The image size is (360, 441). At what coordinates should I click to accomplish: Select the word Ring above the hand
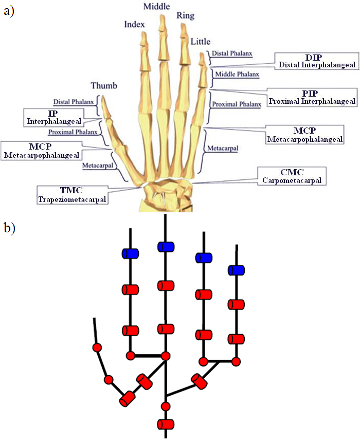coord(186,16)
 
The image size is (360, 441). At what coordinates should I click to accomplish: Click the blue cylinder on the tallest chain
coord(166,247)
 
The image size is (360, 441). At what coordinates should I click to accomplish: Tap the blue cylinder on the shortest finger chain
coord(236,270)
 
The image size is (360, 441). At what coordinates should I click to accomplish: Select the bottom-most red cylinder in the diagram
coord(166,424)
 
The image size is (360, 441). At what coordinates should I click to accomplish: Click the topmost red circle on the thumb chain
coord(96,348)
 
